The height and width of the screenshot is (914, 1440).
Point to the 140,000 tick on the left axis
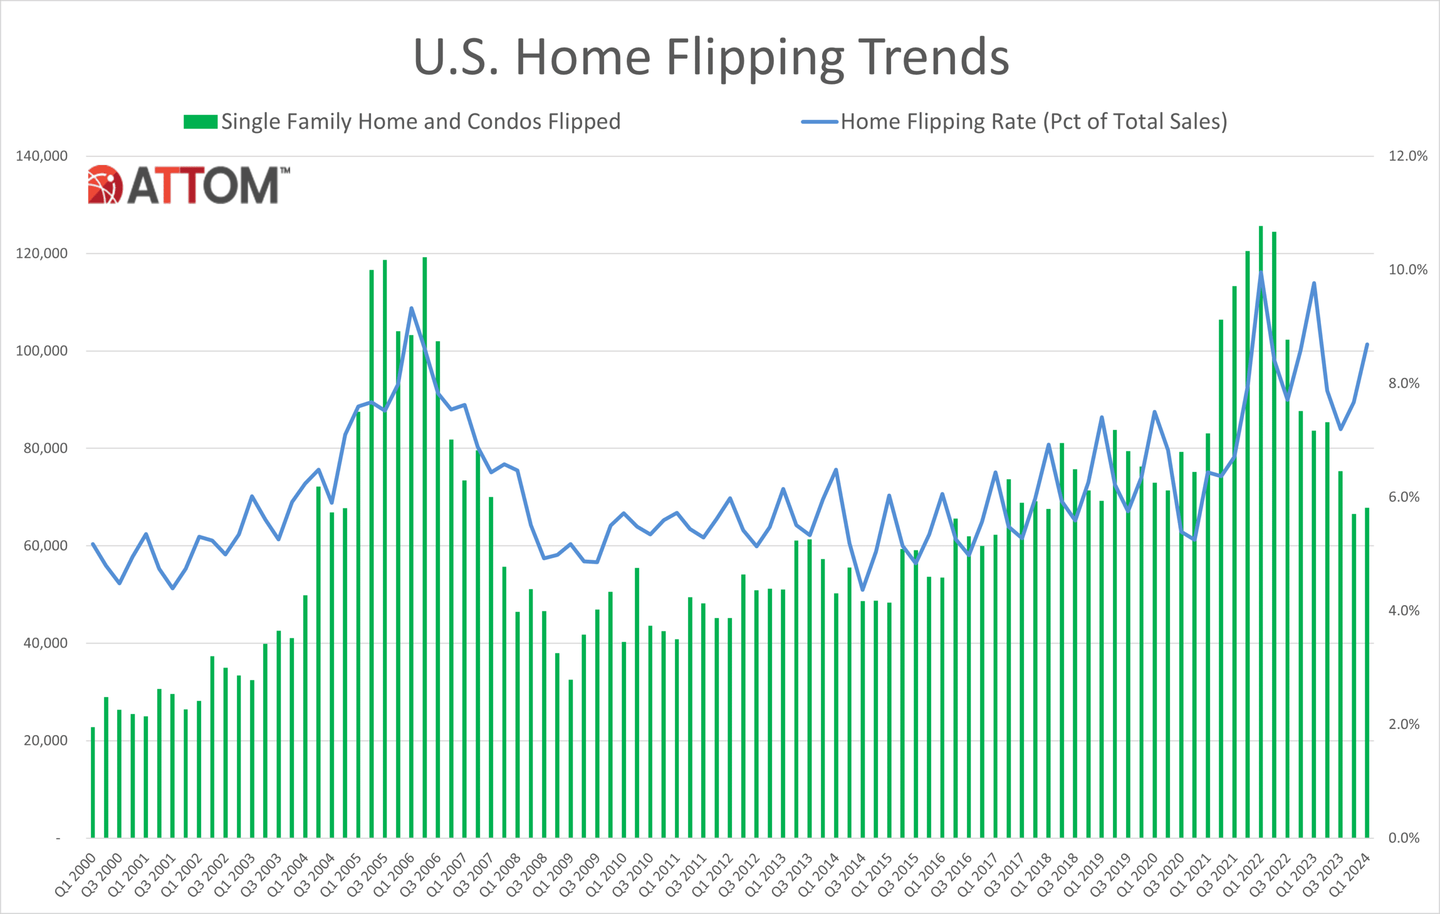tap(41, 156)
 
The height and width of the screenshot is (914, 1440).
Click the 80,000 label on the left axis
tap(45, 448)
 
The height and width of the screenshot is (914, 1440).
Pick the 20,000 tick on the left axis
tap(45, 740)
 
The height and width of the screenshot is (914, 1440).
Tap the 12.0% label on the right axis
tap(1407, 156)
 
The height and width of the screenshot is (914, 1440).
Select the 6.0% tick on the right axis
tap(1403, 497)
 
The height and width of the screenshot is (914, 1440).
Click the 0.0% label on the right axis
tap(1403, 838)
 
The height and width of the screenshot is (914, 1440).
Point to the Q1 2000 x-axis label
tap(75, 874)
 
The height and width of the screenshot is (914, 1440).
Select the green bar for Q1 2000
tap(92, 783)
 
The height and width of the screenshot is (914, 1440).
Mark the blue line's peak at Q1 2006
tap(411, 308)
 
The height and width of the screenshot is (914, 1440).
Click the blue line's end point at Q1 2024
tap(1367, 345)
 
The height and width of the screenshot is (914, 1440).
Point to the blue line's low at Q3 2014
tap(862, 590)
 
